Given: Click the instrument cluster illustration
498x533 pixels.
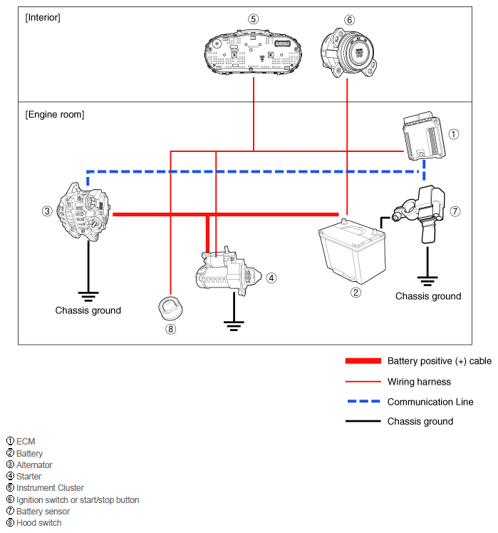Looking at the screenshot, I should click(254, 51).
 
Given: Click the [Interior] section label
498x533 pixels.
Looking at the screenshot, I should click(42, 17).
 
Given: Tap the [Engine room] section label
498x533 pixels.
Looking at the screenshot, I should click(54, 114).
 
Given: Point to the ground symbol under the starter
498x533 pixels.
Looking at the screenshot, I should click(232, 325).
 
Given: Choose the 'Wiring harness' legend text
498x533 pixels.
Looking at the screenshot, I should click(419, 382).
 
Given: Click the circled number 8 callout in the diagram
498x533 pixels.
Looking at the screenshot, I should click(170, 329).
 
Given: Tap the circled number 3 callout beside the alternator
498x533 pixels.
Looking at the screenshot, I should click(46, 210).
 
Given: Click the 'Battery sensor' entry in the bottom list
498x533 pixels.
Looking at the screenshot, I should click(43, 511).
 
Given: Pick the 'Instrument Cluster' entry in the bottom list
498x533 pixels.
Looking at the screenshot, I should click(50, 488).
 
